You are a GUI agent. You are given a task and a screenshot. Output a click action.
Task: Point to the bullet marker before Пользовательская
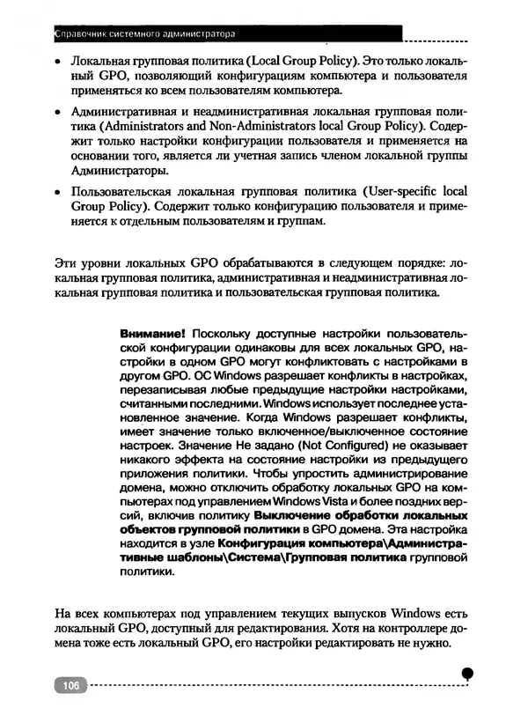pyautogui.click(x=57, y=193)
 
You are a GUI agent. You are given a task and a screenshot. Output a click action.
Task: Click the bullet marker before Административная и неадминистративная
pyautogui.click(x=57, y=114)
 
